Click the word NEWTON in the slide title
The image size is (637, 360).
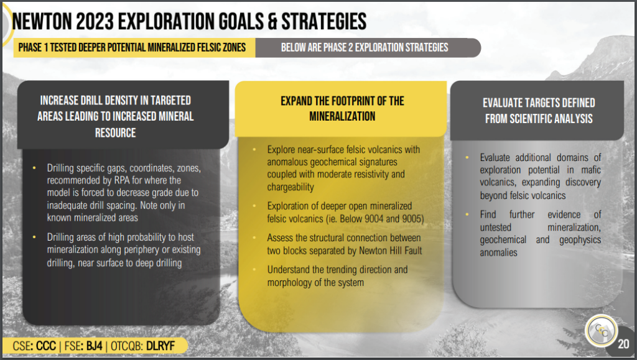pyautogui.click(x=42, y=22)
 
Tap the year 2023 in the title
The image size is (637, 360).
pyautogui.click(x=95, y=22)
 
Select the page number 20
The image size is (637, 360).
pyautogui.click(x=623, y=344)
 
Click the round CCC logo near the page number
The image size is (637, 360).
pyautogui.click(x=602, y=331)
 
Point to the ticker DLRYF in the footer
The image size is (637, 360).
pyautogui.click(x=160, y=346)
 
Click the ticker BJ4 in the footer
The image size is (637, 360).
pyautogui.click(x=95, y=346)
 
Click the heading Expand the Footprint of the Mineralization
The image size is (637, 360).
pyautogui.click(x=342, y=108)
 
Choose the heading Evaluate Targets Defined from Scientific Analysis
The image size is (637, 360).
pyautogui.click(x=539, y=111)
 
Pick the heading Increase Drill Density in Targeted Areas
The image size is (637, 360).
pyautogui.click(x=115, y=116)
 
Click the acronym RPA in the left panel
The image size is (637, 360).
pyautogui.click(x=122, y=180)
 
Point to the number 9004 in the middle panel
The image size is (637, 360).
pyautogui.click(x=374, y=219)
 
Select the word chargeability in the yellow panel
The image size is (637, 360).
pyautogui.click(x=291, y=187)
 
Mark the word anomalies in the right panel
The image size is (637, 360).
pyautogui.click(x=498, y=252)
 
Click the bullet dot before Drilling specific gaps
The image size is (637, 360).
pyautogui.click(x=34, y=168)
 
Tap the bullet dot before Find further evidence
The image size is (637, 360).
pyautogui.click(x=467, y=214)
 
